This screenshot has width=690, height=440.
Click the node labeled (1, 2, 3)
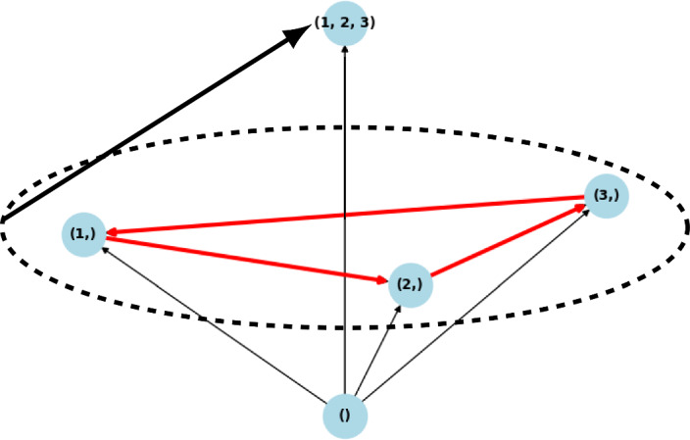pos(345,22)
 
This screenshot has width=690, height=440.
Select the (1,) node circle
pos(83,234)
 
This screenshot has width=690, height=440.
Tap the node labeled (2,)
pos(411,285)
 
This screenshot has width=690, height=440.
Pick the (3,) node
pos(606,196)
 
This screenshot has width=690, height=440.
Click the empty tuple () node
pos(345,416)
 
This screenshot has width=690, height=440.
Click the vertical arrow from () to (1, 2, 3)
pos(345,216)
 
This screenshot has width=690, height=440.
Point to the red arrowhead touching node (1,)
pos(113,232)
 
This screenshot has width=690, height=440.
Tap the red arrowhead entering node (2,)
pos(381,281)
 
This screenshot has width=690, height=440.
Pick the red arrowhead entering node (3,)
pos(579,208)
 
